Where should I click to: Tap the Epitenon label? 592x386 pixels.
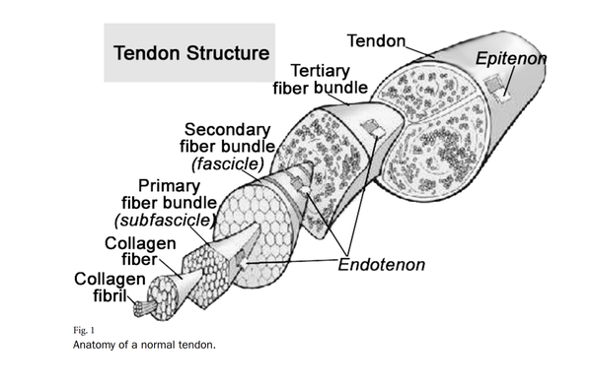510,60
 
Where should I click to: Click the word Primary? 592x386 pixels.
169,184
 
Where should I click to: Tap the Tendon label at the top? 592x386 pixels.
377,40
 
